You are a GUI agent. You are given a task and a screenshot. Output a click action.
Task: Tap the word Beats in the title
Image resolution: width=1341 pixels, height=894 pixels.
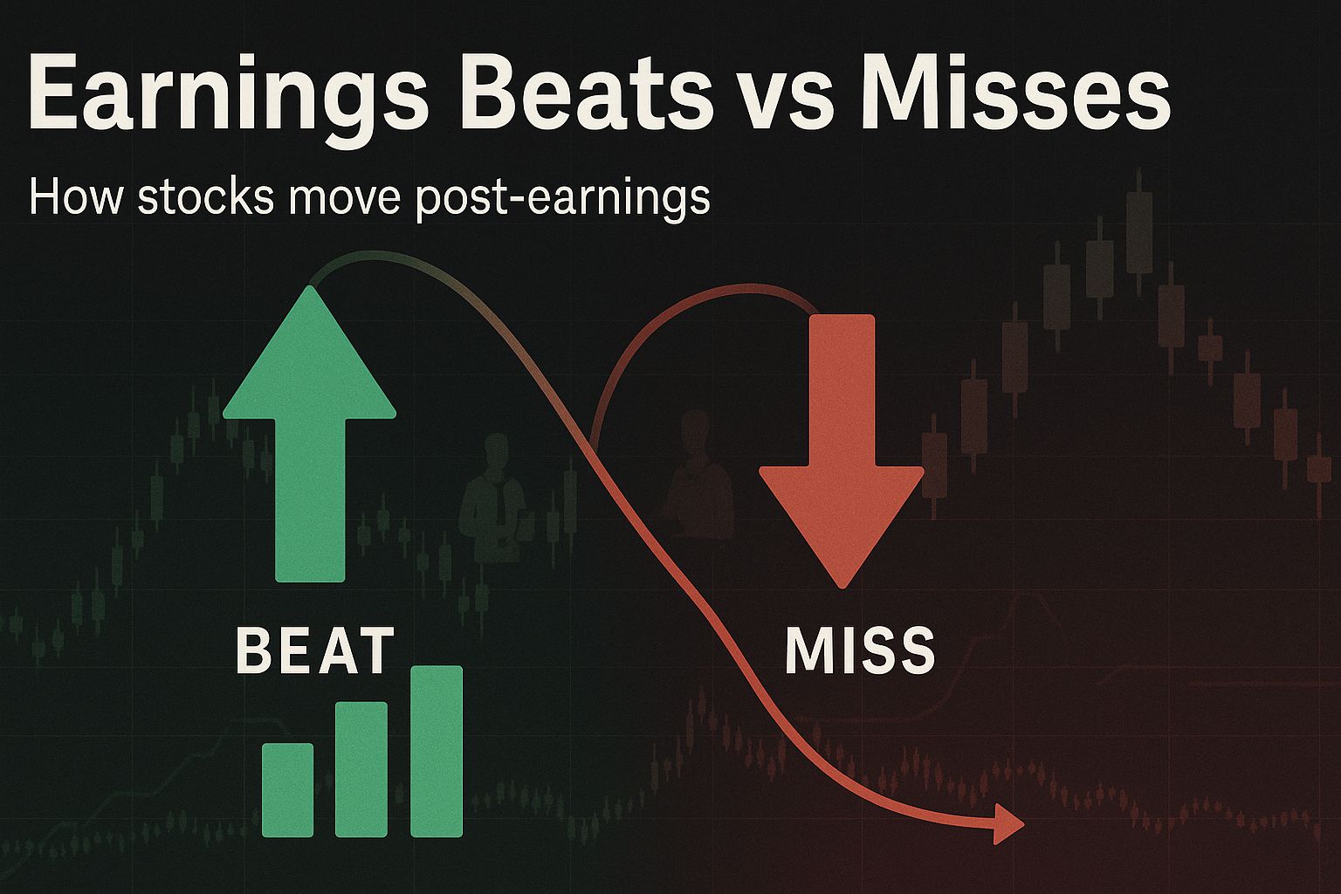coord(586,92)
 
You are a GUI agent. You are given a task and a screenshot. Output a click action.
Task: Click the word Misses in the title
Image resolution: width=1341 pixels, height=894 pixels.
coord(1014,92)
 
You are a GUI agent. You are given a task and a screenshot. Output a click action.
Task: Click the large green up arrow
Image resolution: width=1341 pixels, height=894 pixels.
coord(310,434)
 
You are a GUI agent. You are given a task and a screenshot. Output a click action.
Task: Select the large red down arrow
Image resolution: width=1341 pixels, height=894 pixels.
coord(842,451)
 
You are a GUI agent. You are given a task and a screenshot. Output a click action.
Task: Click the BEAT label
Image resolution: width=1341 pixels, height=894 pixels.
coord(315,650)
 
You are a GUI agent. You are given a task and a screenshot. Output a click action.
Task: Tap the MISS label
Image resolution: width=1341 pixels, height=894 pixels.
coord(860,651)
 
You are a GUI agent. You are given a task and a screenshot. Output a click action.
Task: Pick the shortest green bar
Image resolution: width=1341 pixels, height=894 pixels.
coord(288,790)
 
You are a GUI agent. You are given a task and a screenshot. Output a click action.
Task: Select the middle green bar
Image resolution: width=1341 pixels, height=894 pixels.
coord(361,769)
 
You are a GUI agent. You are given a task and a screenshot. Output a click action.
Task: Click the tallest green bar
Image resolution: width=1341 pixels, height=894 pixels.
coord(437,752)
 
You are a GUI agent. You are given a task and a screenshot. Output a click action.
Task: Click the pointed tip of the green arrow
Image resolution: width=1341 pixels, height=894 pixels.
coord(310,286)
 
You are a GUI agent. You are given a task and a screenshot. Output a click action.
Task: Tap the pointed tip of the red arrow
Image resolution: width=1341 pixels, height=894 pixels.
coord(842,588)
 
